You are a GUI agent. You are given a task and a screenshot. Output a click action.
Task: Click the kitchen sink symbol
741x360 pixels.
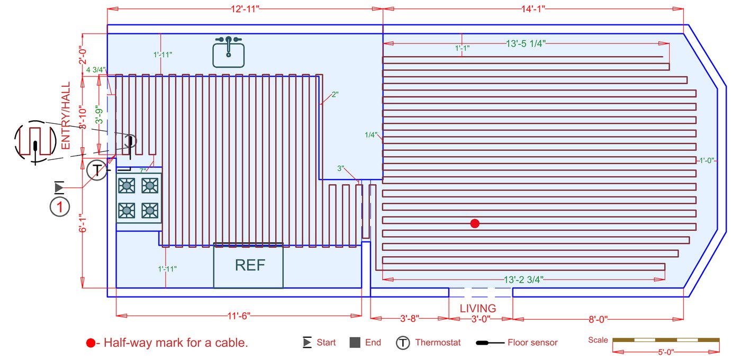coord(229,52)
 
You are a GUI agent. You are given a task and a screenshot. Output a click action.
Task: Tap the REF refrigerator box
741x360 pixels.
coord(249,265)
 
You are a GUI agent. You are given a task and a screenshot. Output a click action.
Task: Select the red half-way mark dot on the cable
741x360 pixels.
coord(475,223)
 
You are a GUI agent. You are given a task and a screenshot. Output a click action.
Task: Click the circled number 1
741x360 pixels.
coord(60,207)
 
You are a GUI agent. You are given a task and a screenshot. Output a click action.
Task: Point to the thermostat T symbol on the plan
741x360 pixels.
coord(96,170)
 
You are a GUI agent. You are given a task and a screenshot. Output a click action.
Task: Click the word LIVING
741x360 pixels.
coord(478,308)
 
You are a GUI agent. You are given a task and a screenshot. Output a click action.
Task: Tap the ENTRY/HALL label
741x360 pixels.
coord(66,116)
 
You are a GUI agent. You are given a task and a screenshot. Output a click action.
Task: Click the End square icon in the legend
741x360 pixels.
coord(355,343)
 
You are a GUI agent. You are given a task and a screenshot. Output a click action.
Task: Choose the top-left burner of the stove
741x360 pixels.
coord(127,185)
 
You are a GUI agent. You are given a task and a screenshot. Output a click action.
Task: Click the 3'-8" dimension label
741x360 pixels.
coord(410,319)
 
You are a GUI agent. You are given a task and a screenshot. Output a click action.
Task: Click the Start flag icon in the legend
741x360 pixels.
coord(307,343)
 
